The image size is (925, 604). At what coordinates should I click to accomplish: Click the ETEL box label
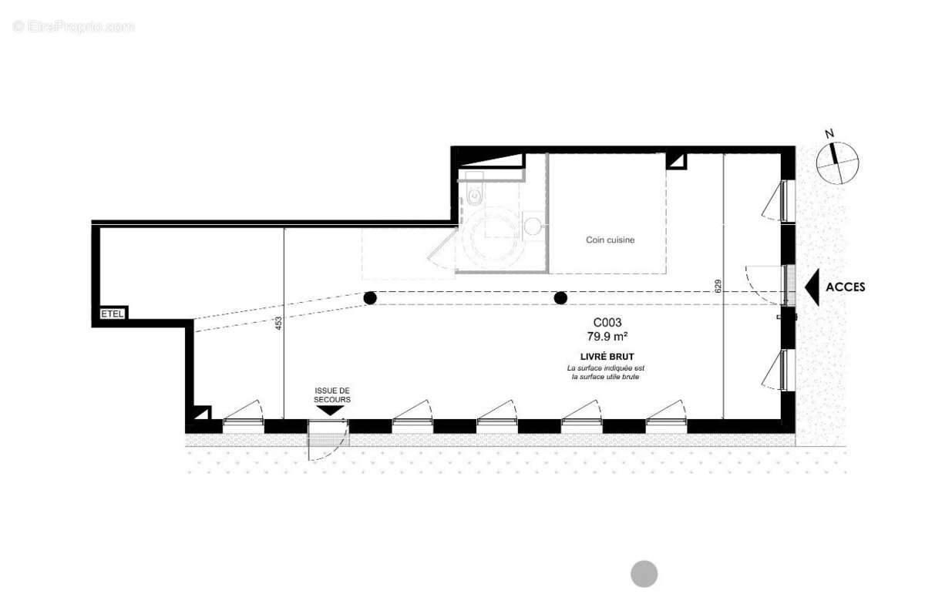pos(113,314)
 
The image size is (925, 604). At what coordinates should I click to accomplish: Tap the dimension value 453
pos(279,324)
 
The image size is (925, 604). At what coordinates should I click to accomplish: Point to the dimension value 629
pos(718,287)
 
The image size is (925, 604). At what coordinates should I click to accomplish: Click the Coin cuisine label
pos(610,240)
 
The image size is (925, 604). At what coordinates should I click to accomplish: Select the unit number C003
pos(607,322)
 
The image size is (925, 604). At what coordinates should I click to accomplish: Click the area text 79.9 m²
pos(607,337)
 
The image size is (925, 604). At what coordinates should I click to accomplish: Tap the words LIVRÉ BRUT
pos(607,357)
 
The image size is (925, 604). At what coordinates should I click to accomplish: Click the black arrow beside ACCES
pos(812,287)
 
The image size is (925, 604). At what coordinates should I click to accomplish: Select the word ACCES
pos(846,287)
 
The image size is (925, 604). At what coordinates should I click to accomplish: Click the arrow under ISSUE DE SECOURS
pos(331,411)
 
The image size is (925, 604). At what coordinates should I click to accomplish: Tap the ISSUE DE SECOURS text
pos(332,395)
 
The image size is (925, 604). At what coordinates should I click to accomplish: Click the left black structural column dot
pos(370,298)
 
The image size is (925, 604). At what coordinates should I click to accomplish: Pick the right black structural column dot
pos(560,298)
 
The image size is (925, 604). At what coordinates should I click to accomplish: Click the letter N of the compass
pos(829,134)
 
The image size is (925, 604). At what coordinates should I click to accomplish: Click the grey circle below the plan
pos(644,574)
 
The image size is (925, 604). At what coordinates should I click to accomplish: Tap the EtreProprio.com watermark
pos(73,27)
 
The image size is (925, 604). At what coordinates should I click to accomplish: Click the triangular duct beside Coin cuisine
pos(677,162)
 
